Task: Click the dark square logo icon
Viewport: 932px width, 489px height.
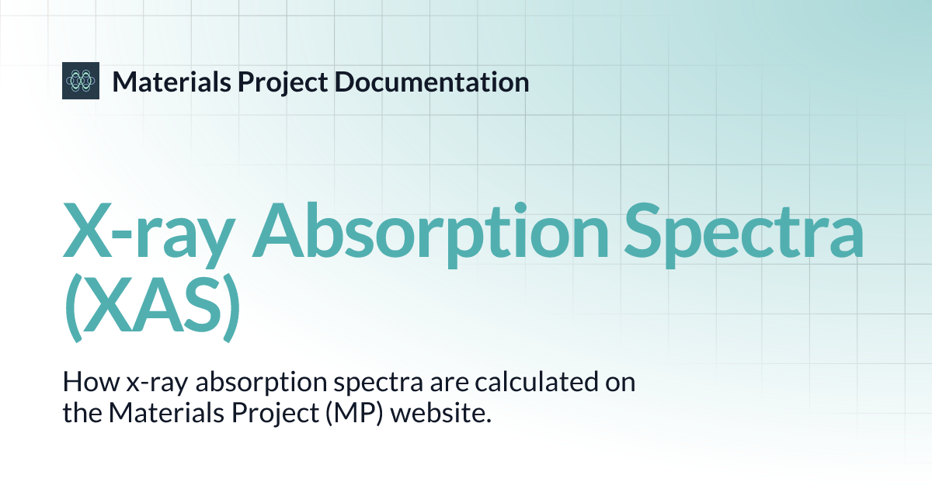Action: pos(81,80)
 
